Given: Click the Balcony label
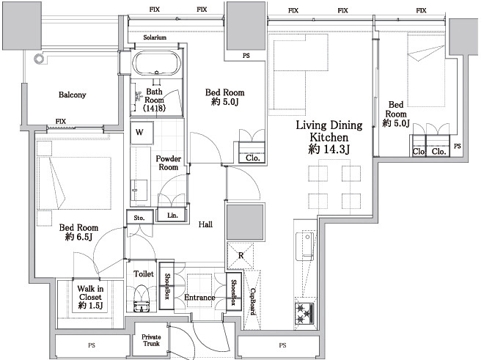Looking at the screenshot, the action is pyautogui.click(x=73, y=95).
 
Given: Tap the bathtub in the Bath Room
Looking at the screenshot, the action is pyautogui.click(x=156, y=63).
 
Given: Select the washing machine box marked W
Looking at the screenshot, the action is pyautogui.click(x=142, y=133).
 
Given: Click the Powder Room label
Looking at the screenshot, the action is pyautogui.click(x=169, y=163).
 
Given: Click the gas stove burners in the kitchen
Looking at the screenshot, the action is pyautogui.click(x=304, y=313).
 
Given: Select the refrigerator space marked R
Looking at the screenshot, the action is pyautogui.click(x=241, y=256).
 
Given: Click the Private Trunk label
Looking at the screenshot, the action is pyautogui.click(x=151, y=340).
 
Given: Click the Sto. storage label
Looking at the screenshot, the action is pyautogui.click(x=139, y=218).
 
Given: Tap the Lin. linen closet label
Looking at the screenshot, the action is pyautogui.click(x=172, y=216).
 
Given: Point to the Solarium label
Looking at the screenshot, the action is pyautogui.click(x=155, y=37).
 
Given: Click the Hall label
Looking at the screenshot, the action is pyautogui.click(x=205, y=224).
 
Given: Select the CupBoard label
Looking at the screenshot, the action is pyautogui.click(x=253, y=301).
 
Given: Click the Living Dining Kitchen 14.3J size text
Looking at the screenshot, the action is pyautogui.click(x=329, y=149).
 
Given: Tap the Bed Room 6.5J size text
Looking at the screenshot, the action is pyautogui.click(x=78, y=236).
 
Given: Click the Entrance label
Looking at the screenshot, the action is pyautogui.click(x=199, y=298).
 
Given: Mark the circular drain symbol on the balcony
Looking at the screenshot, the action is pyautogui.click(x=39, y=59).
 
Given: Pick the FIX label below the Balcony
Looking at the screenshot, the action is pyautogui.click(x=61, y=122).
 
